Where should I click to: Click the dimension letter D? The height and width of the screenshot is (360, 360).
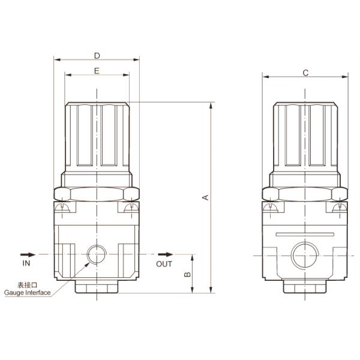pos(97,56)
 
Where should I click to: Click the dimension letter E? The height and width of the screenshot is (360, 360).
pos(97,71)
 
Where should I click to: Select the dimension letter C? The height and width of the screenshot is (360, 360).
pos(305,73)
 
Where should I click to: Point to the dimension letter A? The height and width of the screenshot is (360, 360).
pos(205,197)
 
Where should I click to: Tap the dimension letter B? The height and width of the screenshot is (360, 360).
pos(187,274)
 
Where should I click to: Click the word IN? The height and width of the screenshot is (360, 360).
pos(26,263)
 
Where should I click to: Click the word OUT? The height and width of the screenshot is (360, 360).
pos(164,263)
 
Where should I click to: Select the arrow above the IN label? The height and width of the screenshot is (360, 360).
pos(26,254)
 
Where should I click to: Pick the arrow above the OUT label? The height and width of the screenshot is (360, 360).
pos(164,254)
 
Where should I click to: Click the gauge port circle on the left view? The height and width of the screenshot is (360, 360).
pos(96,255)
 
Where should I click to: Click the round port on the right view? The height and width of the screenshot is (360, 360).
pos(305,255)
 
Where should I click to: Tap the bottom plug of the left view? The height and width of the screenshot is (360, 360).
pos(97,286)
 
